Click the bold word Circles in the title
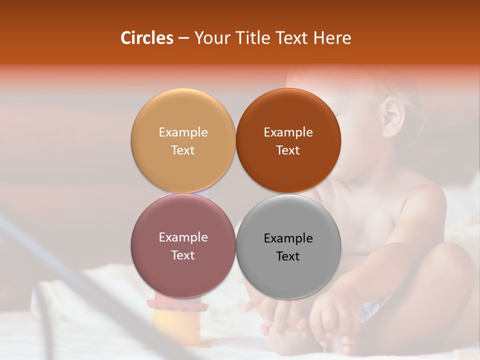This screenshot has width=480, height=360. (147, 38)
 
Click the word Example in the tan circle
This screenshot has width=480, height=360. (183, 132)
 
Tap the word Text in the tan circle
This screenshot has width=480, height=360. (183, 150)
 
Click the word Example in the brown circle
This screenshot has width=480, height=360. (288, 132)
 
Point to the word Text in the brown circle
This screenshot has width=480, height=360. (288, 150)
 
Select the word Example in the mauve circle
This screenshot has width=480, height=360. (183, 237)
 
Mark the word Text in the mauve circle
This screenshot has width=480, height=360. (183, 255)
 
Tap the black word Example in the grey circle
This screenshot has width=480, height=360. (288, 238)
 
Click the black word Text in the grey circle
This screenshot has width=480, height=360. (288, 256)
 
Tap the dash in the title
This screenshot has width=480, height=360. (183, 38)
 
